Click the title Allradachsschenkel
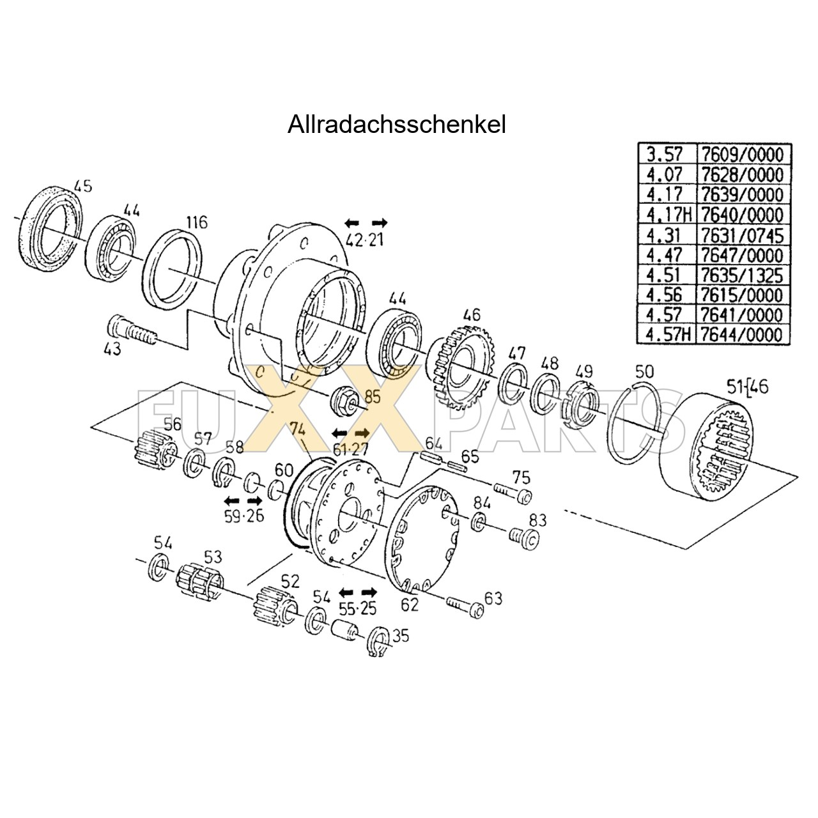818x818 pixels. [x=396, y=125]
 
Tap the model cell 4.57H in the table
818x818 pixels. [x=667, y=335]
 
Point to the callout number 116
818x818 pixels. [x=197, y=222]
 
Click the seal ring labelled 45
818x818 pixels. [x=51, y=227]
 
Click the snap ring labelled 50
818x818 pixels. [x=634, y=425]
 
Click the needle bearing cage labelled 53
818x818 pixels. [x=199, y=582]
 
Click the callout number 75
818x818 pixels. [x=521, y=477]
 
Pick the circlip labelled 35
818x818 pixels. [x=378, y=642]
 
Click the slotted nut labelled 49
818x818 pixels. [x=582, y=401]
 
